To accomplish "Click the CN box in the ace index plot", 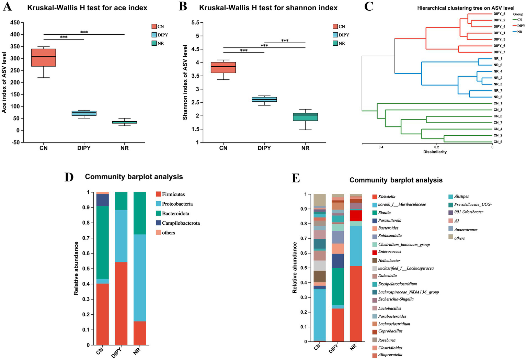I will point(44,57).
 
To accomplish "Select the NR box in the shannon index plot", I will point(305,117).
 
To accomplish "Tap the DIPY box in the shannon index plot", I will point(264,99).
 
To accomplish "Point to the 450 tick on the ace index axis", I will point(15,23).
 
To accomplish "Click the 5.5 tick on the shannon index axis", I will point(195,23).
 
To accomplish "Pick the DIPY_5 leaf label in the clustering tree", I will point(499,14).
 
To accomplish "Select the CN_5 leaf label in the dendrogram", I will point(498,142).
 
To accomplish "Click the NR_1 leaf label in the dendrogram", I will point(498,59).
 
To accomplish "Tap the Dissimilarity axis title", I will point(435,152).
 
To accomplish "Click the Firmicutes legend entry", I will point(173,194).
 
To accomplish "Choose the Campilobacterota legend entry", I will point(181,223).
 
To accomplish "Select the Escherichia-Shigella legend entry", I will point(396,299).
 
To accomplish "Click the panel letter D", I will point(69,177).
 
